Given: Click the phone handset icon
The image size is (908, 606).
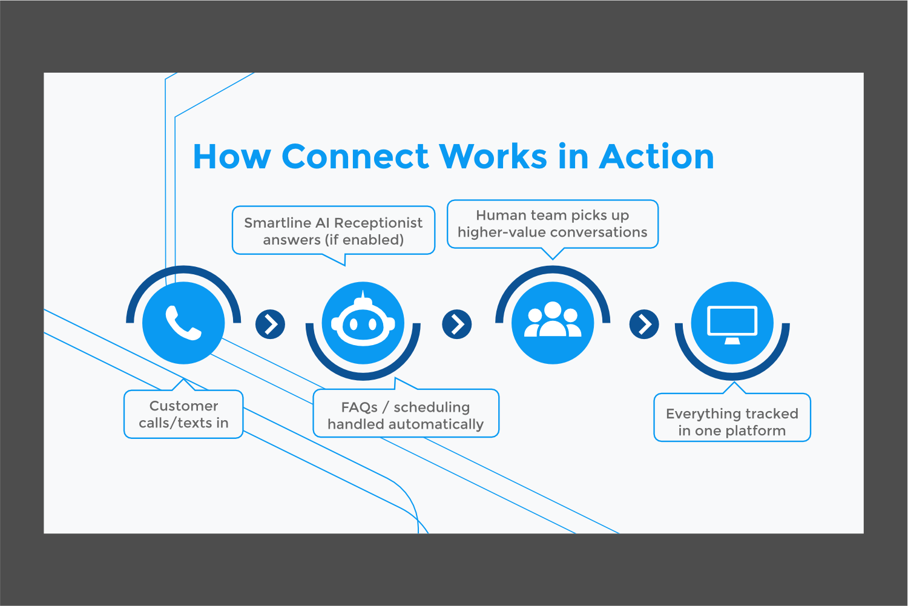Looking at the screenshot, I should pos(183,323).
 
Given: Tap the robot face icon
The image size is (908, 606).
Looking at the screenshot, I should pos(363,323).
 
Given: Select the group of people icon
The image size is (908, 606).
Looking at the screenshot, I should pos(553,321).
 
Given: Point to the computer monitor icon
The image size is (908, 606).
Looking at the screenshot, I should pos(732,324).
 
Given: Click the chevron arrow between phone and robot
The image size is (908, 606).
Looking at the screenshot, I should pos(271,324).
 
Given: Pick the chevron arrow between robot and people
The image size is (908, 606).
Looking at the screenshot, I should pos(457,324).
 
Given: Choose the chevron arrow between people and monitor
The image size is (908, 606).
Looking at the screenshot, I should pos(644,324).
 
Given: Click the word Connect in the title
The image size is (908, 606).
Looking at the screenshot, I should pos(355,157).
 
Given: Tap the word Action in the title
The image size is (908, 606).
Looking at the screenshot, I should pos(657,157).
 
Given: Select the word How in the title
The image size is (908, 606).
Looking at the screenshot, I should pos(231,157).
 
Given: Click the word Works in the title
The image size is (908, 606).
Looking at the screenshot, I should pos(493,157).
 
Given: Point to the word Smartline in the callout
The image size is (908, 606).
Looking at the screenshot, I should pos(277,223).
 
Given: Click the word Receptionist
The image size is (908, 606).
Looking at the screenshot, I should pos(378,223).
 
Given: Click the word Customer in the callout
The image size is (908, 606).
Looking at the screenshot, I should pos(183,406).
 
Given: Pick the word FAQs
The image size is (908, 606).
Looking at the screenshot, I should pos(359,407).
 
